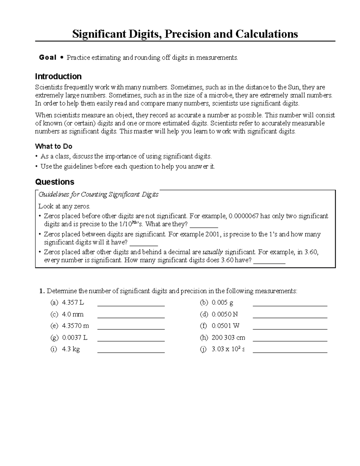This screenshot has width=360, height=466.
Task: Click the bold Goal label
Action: [47, 58]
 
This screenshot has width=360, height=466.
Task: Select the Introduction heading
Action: [58, 77]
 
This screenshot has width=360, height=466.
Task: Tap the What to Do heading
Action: [53, 146]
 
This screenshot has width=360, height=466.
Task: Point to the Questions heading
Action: [55, 182]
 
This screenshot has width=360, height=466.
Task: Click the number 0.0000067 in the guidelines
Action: [243, 216]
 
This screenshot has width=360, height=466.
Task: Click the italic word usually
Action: [213, 252]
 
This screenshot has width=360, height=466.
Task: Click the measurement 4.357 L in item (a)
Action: [73, 302]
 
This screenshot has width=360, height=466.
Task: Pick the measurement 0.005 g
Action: [222, 302]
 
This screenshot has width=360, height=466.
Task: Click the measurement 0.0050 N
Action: [224, 314]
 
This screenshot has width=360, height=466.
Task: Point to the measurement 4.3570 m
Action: [75, 326]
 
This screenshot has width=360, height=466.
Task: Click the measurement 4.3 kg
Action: [71, 349]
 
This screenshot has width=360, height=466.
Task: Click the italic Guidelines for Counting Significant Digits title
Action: [98, 194]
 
